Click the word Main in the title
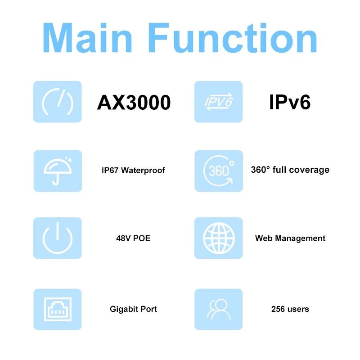[90, 38]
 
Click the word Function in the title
[233, 38]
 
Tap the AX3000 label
[134, 103]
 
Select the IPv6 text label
[290, 102]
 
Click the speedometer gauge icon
[58, 102]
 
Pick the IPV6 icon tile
[218, 102]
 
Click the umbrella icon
[58, 171]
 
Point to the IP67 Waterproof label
[133, 171]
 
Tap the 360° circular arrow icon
[218, 171]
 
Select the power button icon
[58, 238]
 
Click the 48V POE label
[133, 238]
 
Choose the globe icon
[218, 238]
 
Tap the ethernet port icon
[58, 309]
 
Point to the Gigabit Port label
[133, 309]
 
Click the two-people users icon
[218, 309]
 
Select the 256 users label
[290, 309]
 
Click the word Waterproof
[143, 171]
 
